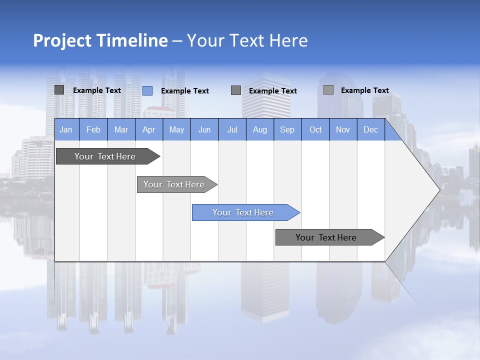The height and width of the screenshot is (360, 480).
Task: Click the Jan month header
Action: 66,129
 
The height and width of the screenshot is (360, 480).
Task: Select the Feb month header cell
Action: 93,129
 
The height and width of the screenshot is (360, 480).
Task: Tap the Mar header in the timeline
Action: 121,129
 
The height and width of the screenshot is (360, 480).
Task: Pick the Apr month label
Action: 149,129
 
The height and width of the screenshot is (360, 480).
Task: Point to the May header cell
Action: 176,129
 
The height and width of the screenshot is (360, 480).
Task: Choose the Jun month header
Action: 204,129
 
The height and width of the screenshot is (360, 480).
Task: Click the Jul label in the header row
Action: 232,129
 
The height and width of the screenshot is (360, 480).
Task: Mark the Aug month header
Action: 260,129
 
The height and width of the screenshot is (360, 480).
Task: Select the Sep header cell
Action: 287,129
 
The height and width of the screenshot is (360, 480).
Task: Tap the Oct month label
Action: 315,129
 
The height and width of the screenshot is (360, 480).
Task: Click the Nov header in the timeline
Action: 343,129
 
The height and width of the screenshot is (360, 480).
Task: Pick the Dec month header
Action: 370,129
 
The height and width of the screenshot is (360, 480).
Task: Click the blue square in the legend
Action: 147,90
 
